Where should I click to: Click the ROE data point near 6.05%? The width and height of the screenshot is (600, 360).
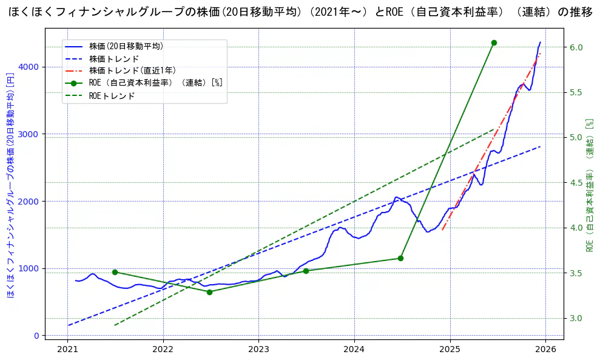click(494, 42)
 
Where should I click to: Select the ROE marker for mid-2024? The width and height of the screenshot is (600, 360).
click(400, 258)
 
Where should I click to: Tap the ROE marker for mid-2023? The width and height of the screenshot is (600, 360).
click(306, 271)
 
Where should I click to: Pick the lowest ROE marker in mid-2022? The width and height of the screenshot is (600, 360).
click(209, 292)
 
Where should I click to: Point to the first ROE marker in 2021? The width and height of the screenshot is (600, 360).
click(115, 272)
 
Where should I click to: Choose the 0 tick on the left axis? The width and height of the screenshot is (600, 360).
click(37, 336)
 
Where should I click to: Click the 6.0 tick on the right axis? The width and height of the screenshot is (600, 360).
click(576, 47)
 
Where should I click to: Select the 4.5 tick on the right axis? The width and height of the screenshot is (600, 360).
click(576, 183)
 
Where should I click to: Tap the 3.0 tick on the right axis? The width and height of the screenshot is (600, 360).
click(576, 318)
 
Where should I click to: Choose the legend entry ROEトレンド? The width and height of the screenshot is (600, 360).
click(112, 96)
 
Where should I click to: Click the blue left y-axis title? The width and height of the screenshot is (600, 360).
click(10, 185)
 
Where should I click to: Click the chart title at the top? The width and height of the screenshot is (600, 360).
click(300, 13)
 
